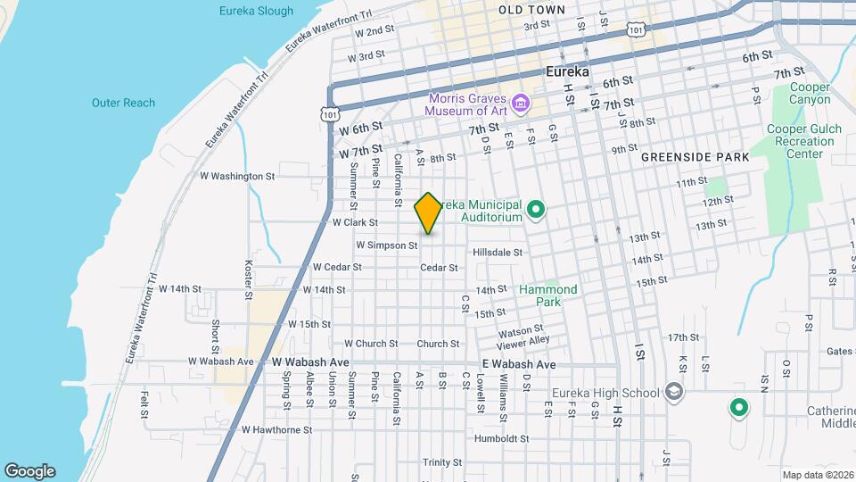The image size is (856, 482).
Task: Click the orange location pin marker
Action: click(428, 213)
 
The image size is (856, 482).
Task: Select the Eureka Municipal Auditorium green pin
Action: click(536, 211)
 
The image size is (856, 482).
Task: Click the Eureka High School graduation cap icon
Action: click(675, 393)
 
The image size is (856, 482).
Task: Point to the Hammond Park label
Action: click(548, 295)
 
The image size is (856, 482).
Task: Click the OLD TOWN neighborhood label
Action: click(531, 10)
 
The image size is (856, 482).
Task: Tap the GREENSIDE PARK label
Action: click(695, 157)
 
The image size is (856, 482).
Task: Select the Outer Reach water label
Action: click(123, 103)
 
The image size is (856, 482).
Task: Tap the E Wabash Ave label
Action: click(518, 365)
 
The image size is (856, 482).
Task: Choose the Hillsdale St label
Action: click(498, 253)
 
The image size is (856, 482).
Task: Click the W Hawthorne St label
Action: click(276, 429)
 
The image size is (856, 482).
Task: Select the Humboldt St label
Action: click(501, 439)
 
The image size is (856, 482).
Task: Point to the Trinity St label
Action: click(442, 462)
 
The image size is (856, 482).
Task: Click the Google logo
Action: click(29, 471)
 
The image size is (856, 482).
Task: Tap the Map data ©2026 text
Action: click(817, 475)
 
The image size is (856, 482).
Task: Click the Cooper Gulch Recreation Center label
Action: click(798, 141)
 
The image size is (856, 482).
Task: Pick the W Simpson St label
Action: click(387, 245)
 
